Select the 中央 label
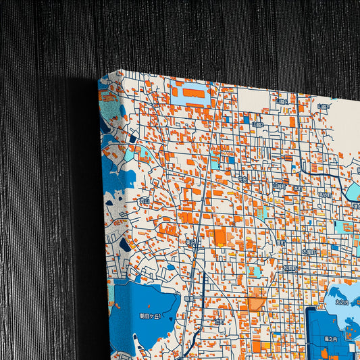(x=243, y=180)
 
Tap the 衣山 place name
(x=143, y=201)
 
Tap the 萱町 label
(x=281, y=240)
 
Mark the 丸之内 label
(x=342, y=303)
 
